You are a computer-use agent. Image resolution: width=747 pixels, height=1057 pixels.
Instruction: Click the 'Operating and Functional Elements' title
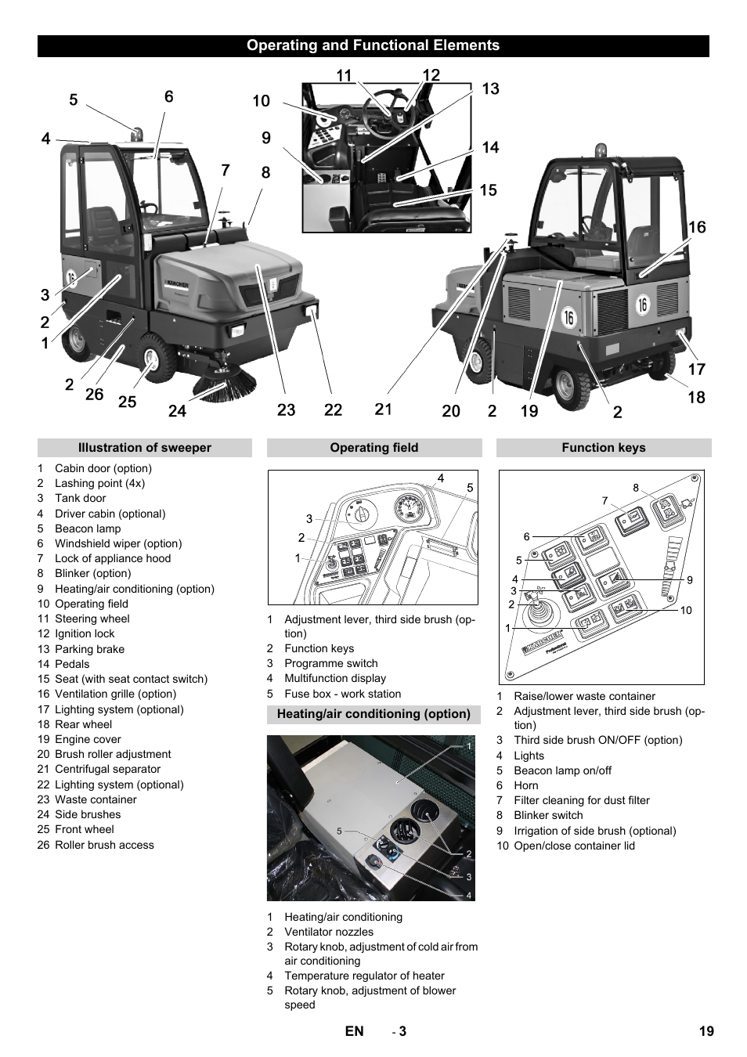click(373, 45)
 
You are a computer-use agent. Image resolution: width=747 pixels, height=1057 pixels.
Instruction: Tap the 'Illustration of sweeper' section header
click(144, 448)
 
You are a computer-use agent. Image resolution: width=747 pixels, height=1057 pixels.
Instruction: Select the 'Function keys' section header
click(603, 448)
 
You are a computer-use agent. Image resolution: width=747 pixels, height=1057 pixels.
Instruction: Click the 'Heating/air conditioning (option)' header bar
click(373, 714)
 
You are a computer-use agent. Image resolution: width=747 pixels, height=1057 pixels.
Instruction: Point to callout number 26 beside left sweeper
click(94, 395)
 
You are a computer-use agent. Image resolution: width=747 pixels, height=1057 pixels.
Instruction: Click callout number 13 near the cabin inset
click(490, 89)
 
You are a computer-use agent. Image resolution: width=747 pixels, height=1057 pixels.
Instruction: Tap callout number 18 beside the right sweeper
click(696, 398)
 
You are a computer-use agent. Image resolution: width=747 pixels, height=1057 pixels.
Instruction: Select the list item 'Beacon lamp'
click(88, 528)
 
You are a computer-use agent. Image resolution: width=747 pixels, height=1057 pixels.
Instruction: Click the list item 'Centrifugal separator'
click(107, 769)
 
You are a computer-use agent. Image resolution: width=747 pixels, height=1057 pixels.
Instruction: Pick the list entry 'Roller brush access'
click(104, 845)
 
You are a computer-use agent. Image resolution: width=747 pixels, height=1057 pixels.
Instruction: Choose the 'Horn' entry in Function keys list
click(525, 785)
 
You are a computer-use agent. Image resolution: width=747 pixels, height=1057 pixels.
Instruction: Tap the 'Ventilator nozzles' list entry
click(329, 932)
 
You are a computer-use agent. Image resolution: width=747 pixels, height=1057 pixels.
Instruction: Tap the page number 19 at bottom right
click(706, 1031)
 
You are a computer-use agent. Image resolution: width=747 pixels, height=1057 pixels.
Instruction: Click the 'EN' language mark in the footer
click(354, 1031)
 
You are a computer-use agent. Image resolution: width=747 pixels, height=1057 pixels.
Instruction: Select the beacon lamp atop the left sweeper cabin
click(138, 134)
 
